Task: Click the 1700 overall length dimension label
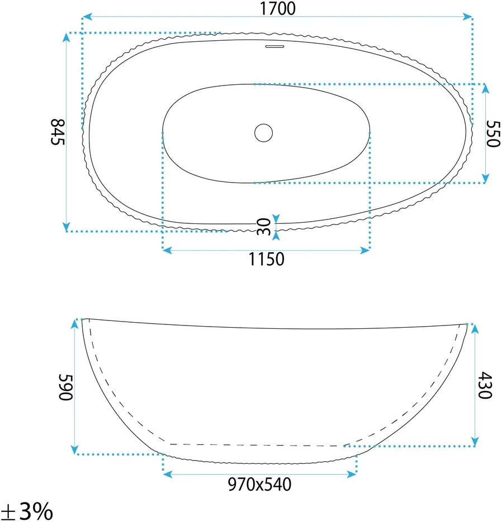coord(277,8)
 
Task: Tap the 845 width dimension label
coord(58,132)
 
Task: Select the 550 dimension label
coord(493,133)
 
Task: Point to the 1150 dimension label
coord(266,259)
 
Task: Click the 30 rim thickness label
coord(264,227)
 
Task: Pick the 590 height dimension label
coord(65,387)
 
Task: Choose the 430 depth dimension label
coord(485,385)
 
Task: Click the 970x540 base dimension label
coord(259,485)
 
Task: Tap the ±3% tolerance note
coord(27,511)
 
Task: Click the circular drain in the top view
coord(263,132)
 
